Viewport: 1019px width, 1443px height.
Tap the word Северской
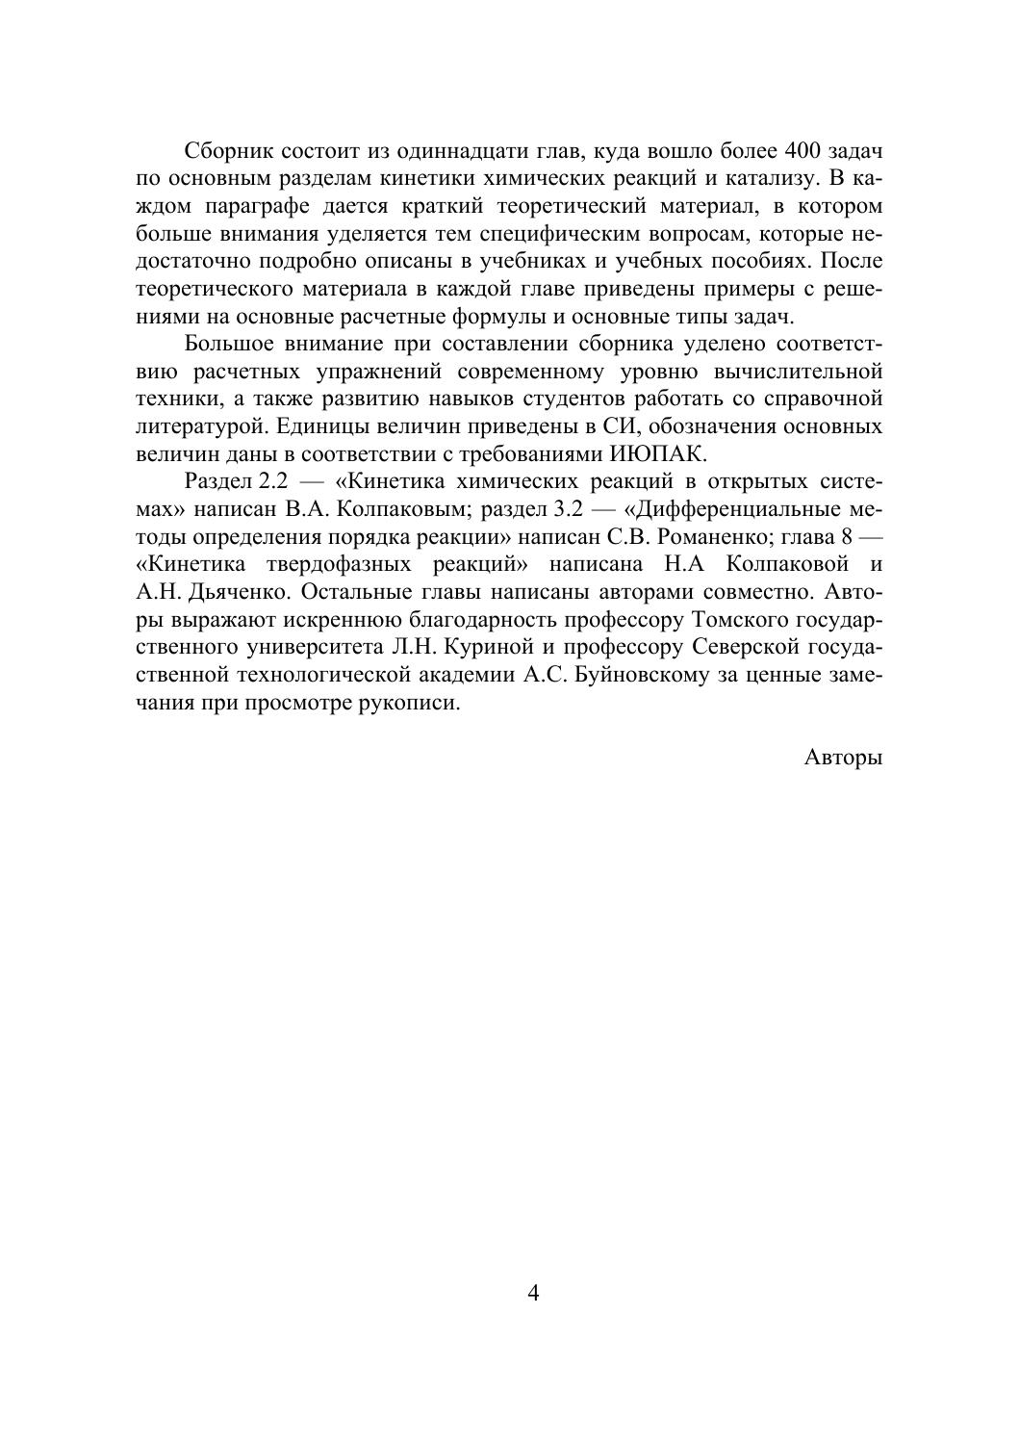point(742,647)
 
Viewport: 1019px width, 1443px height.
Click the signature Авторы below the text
point(843,758)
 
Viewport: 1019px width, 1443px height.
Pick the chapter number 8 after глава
point(847,537)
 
